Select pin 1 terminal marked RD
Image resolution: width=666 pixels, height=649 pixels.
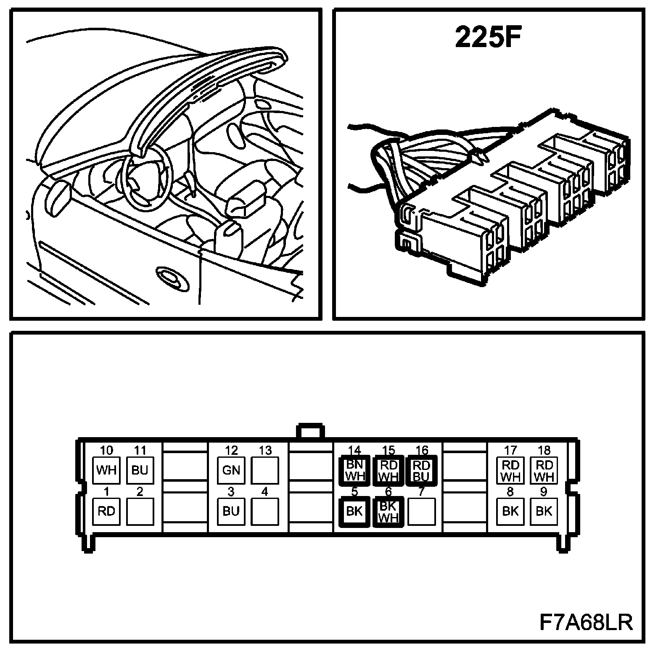click(x=106, y=511)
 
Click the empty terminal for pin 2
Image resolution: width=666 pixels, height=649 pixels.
click(x=140, y=511)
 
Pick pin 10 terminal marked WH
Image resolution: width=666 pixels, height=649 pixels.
click(x=106, y=470)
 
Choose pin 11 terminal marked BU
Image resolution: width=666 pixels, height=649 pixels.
click(x=140, y=470)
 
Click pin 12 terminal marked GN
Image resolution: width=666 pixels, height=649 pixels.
click(x=231, y=470)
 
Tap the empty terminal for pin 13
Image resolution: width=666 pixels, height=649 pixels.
click(x=264, y=470)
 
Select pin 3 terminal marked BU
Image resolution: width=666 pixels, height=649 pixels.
click(x=231, y=511)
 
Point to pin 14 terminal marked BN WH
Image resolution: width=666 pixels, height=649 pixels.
click(x=354, y=470)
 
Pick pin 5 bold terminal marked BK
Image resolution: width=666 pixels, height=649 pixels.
click(x=354, y=511)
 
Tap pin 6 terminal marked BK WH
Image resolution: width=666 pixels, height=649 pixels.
click(x=388, y=511)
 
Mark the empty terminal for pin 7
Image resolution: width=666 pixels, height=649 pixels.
click(x=421, y=511)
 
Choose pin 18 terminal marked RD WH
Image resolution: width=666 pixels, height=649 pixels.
click(x=544, y=470)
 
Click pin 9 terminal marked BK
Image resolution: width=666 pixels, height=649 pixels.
click(x=544, y=511)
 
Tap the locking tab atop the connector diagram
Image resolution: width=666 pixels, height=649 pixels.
click(x=311, y=432)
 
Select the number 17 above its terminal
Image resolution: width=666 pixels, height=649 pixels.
click(x=510, y=451)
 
